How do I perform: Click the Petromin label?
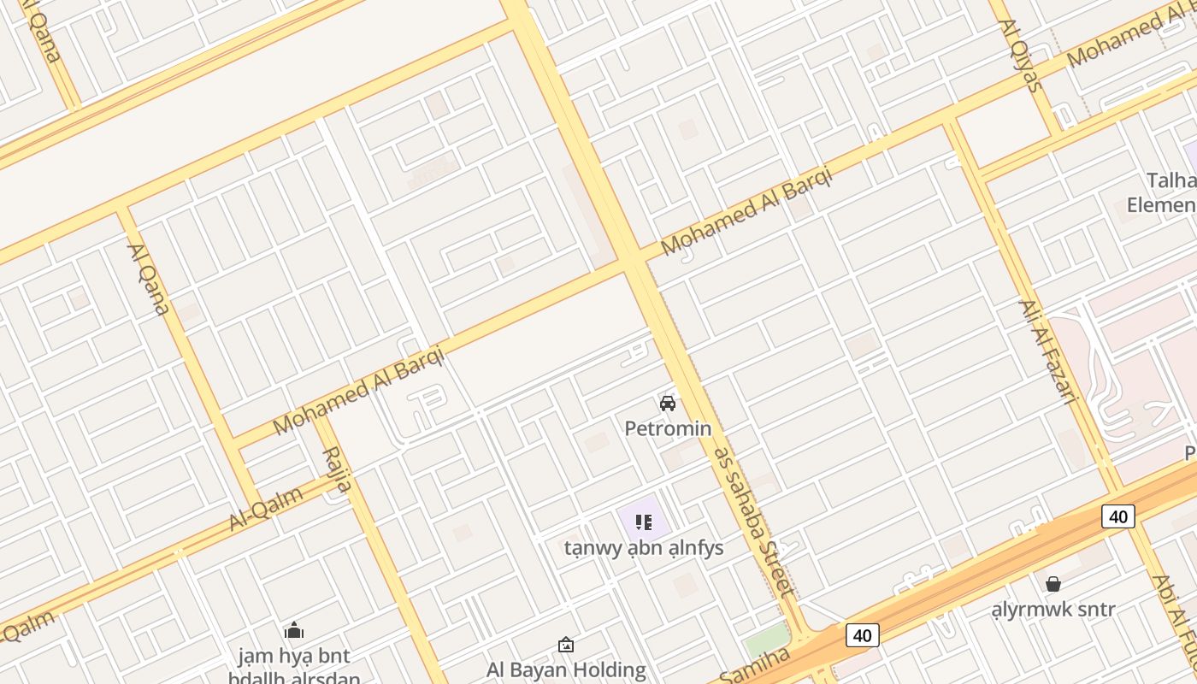tap(668, 427)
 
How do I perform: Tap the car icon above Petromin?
tap(668, 404)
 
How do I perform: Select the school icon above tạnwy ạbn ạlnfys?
tap(644, 522)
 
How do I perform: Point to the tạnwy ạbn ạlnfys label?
tap(644, 548)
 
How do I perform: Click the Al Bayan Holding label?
tap(566, 669)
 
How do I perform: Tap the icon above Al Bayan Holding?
tap(565, 645)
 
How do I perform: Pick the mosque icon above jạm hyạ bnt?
tap(294, 631)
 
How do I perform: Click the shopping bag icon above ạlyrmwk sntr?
tap(1053, 584)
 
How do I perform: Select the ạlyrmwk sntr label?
tap(1053, 610)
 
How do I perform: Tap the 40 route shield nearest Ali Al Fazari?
tap(1118, 516)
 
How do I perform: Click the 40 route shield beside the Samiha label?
tap(862, 635)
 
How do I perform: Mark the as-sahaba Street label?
tap(755, 522)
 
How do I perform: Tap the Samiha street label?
tap(754, 668)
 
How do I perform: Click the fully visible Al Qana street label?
tap(148, 279)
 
